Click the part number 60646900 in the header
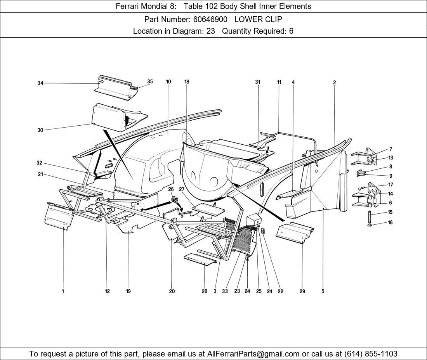[x=210, y=19]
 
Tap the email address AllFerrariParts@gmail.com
[x=253, y=354]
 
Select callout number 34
[x=40, y=83]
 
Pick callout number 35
[x=150, y=81]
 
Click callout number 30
[x=40, y=130]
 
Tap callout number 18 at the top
[x=187, y=82]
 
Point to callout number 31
[x=257, y=82]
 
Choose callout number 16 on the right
[x=390, y=223]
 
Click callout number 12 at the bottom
[x=107, y=291]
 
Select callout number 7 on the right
[x=391, y=149]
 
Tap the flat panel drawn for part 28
[x=200, y=259]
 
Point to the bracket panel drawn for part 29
[x=295, y=233]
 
